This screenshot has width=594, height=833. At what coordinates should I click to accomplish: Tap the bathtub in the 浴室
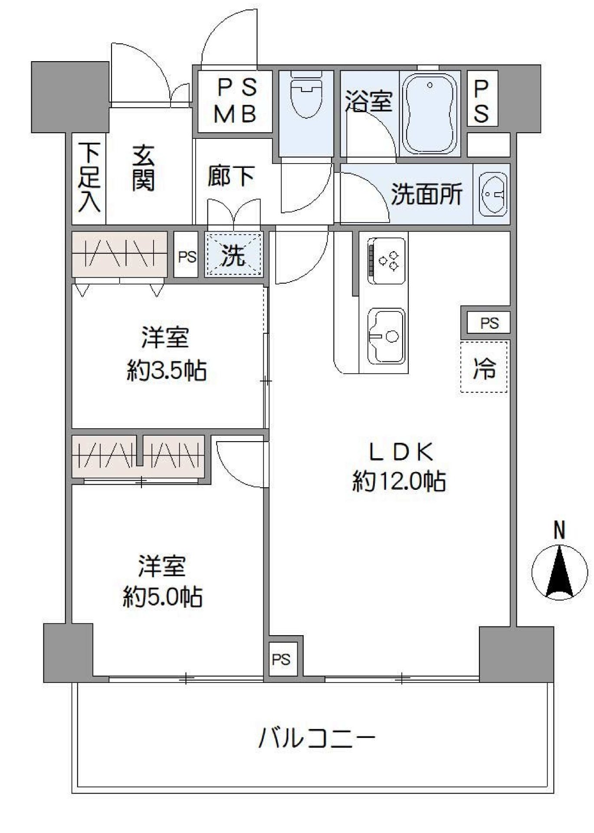tap(430, 114)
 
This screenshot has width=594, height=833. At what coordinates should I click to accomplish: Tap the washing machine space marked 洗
tap(234, 255)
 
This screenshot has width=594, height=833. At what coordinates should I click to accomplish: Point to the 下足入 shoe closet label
tap(89, 177)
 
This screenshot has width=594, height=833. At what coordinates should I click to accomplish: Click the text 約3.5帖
tap(167, 371)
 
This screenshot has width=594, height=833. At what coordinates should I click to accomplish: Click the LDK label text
tap(400, 453)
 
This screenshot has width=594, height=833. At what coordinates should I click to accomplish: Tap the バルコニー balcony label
tap(316, 738)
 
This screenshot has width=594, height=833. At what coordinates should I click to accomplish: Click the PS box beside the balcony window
tap(282, 660)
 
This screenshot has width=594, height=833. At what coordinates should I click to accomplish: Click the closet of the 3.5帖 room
tap(119, 254)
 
